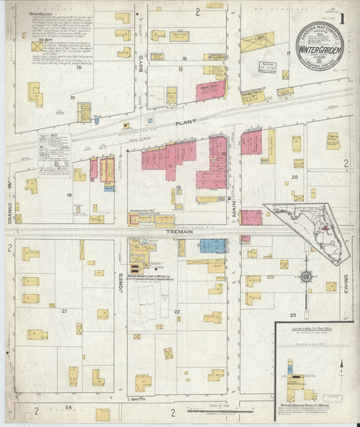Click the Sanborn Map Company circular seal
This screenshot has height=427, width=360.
(319, 47)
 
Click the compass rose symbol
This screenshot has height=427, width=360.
(306, 276)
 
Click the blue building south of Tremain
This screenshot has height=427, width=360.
(212, 246)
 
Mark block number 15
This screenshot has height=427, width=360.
(79, 68)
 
